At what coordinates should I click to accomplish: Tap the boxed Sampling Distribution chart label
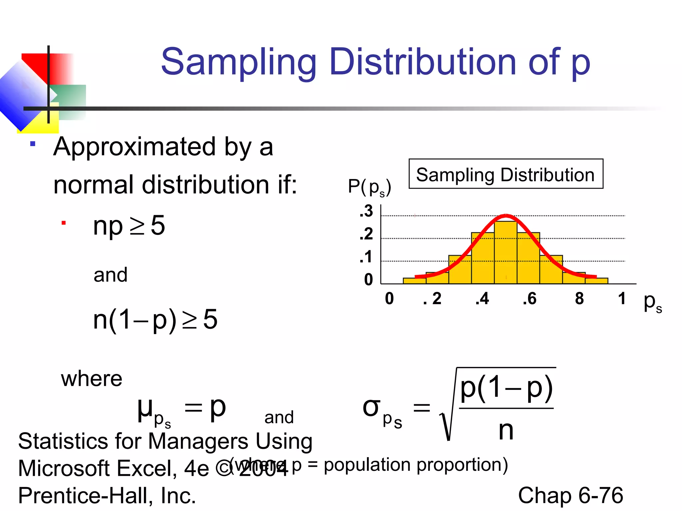(x=506, y=174)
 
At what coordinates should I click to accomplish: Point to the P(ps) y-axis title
(x=369, y=187)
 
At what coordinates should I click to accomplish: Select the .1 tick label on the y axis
(x=366, y=257)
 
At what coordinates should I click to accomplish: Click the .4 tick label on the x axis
(x=483, y=298)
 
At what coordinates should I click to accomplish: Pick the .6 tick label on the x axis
(x=529, y=298)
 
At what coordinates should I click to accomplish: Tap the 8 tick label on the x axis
(x=579, y=298)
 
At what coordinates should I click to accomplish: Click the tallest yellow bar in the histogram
(x=506, y=253)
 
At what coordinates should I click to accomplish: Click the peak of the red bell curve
(x=506, y=216)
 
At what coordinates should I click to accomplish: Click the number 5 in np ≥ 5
(x=158, y=226)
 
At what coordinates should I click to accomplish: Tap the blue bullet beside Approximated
(x=33, y=144)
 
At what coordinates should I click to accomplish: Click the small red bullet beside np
(x=64, y=223)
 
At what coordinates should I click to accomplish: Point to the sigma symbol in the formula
(x=371, y=408)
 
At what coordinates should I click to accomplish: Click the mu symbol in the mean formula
(x=145, y=409)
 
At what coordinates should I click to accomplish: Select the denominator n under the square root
(x=506, y=430)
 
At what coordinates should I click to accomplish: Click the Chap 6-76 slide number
(x=570, y=495)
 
